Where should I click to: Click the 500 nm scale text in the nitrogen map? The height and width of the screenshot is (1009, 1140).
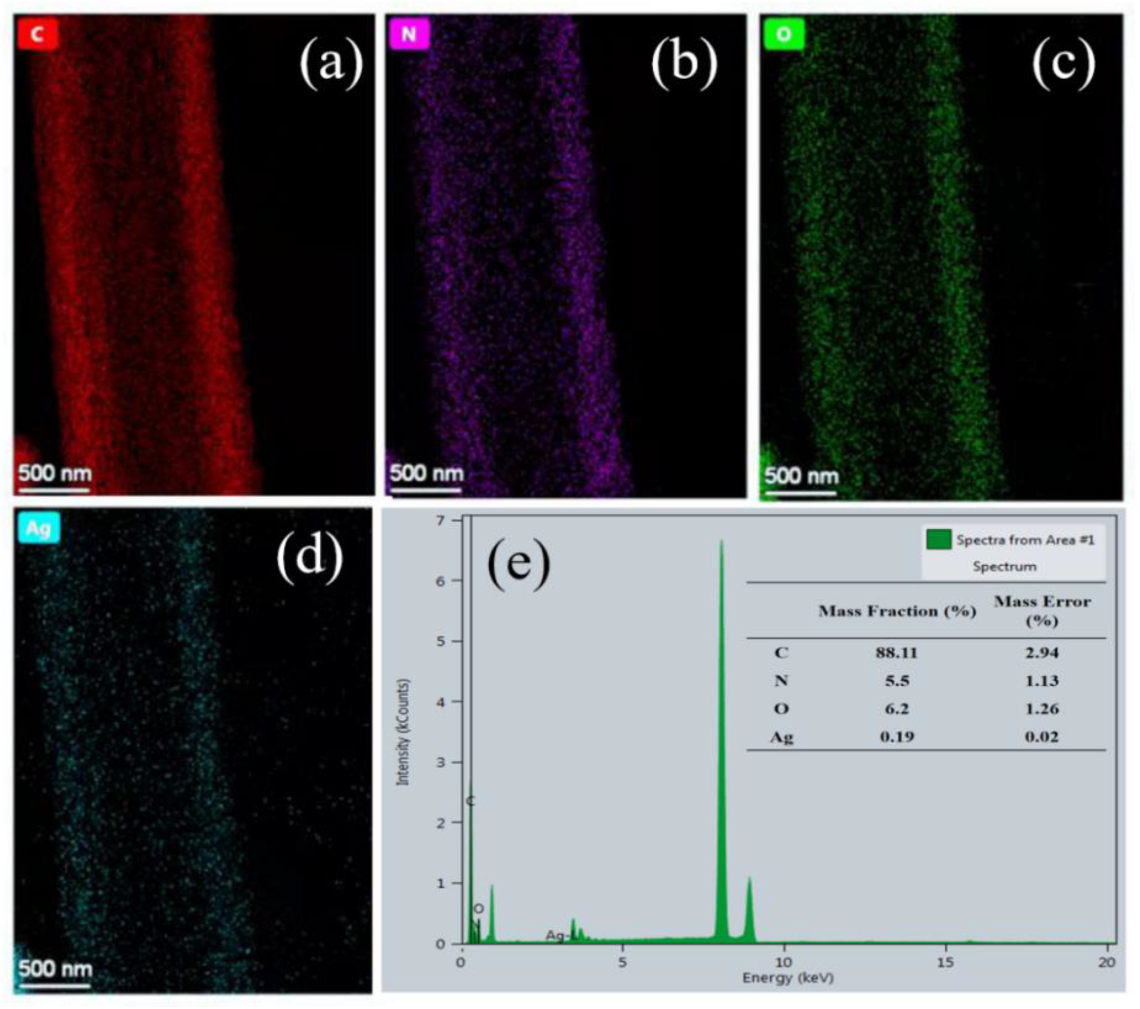point(427,473)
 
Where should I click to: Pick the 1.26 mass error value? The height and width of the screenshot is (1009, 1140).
point(1041,709)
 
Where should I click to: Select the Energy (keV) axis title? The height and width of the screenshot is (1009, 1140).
point(788,978)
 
